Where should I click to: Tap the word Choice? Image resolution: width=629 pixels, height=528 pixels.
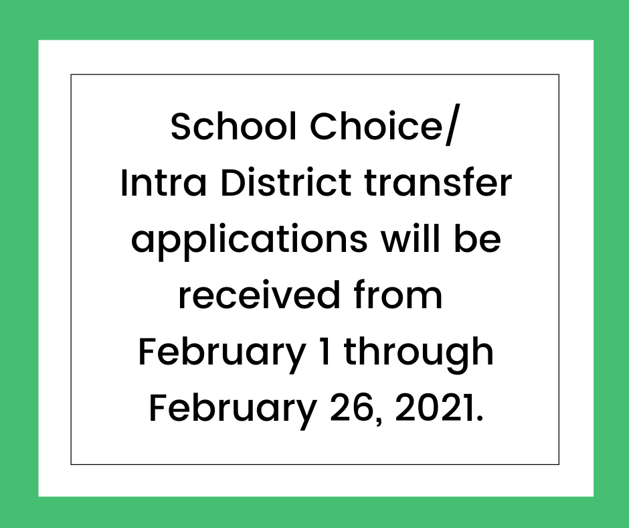tap(377, 126)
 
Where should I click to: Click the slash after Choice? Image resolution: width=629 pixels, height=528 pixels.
tap(451, 125)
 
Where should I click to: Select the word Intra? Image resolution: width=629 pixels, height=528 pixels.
tap(163, 183)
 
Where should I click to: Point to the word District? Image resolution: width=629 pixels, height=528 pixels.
tap(286, 183)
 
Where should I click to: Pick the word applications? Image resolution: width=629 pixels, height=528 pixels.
tap(249, 241)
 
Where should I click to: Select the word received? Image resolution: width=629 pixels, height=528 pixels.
tap(259, 295)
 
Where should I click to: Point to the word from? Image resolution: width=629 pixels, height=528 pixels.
tap(398, 295)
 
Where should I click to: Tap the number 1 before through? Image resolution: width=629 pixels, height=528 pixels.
tap(326, 352)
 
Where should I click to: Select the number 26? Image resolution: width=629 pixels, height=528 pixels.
tap(352, 408)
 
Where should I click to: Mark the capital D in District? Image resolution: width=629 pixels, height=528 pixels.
tap(232, 183)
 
